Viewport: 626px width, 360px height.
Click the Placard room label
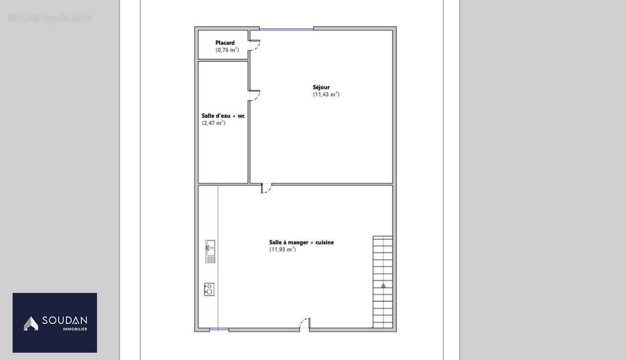pyautogui.click(x=225, y=43)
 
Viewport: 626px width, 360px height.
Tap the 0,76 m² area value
pyautogui.click(x=227, y=50)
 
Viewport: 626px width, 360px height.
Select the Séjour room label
pyautogui.click(x=321, y=88)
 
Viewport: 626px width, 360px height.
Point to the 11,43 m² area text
pyautogui.click(x=326, y=95)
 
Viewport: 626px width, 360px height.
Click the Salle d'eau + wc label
pyautogui.click(x=223, y=116)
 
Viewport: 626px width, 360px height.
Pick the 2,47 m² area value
pyautogui.click(x=213, y=123)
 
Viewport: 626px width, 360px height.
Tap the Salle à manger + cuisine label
pyautogui.click(x=301, y=243)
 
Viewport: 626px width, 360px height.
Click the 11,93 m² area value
pyautogui.click(x=283, y=250)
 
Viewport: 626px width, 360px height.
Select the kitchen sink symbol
pyautogui.click(x=210, y=251)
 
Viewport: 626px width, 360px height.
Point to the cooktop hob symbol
pyautogui.click(x=209, y=289)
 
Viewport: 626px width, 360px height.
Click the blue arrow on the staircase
pyautogui.click(x=383, y=286)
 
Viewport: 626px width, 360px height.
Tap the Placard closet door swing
pyautogui.click(x=254, y=45)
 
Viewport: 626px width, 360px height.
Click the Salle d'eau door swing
pyautogui.click(x=254, y=95)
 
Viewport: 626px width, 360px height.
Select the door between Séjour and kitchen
pyautogui.click(x=266, y=188)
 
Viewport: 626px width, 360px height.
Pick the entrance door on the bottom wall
pyautogui.click(x=304, y=324)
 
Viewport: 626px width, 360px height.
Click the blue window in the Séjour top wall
pyautogui.click(x=286, y=28)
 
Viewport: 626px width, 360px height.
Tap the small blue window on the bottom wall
pyautogui.click(x=219, y=330)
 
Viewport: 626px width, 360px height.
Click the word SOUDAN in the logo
pyautogui.click(x=64, y=321)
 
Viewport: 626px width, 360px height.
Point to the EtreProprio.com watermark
pyautogui.click(x=50, y=18)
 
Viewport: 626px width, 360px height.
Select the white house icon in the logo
pyautogui.click(x=31, y=323)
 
